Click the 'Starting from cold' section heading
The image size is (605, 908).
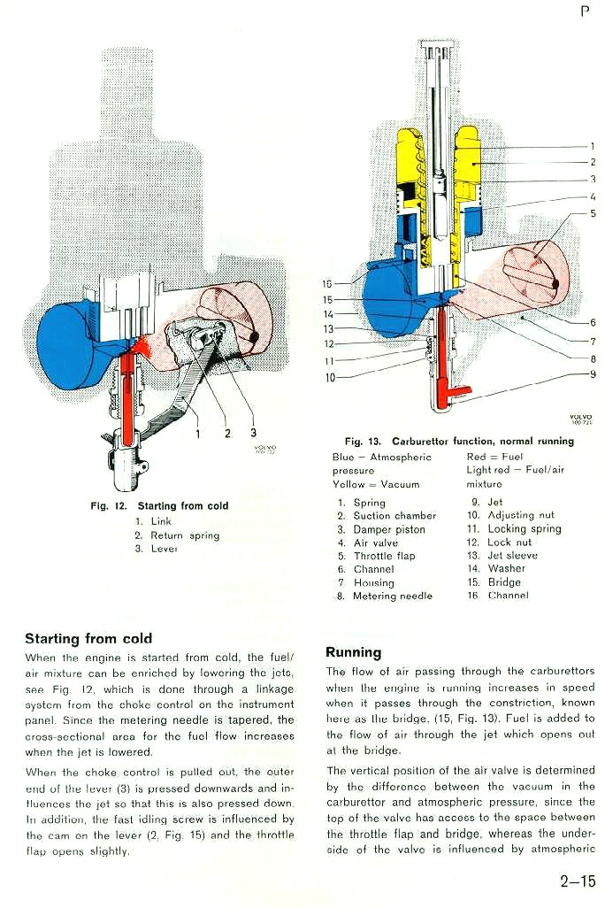tap(88, 639)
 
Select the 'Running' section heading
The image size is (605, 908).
tap(354, 652)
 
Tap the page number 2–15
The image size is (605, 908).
tap(578, 881)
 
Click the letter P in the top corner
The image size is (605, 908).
tap(586, 11)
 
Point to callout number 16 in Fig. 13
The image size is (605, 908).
tap(327, 284)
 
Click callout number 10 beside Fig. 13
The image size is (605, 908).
tap(330, 378)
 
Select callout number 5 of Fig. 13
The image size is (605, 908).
tap(593, 213)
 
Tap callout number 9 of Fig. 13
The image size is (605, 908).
tap(593, 374)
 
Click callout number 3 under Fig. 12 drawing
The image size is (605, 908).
tap(253, 433)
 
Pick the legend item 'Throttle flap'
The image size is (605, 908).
tap(385, 556)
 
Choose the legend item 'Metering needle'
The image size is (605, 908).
tap(393, 596)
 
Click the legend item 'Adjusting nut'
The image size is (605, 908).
tap(521, 515)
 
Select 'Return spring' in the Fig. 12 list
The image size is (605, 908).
tap(185, 535)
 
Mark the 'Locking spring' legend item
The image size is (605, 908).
tap(525, 528)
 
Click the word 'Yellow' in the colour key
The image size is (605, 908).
tap(348, 484)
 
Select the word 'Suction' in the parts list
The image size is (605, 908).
tap(371, 516)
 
